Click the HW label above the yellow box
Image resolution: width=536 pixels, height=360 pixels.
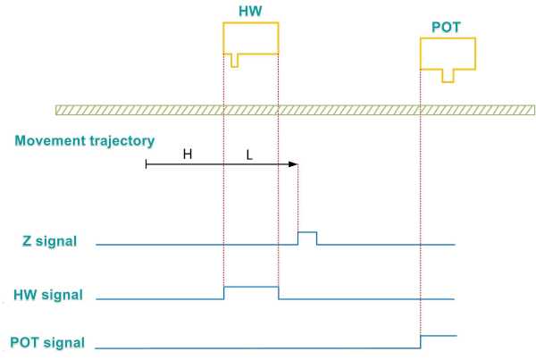coord(250,12)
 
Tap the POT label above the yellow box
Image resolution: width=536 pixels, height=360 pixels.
coord(446,28)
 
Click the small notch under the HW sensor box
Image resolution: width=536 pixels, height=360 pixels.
coord(235,61)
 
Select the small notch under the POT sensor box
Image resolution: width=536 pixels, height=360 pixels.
coord(448,76)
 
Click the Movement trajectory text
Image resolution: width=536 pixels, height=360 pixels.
coord(85,141)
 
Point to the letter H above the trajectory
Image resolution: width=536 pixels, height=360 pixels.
coord(188,155)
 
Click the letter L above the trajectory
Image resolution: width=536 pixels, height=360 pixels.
coord(249,155)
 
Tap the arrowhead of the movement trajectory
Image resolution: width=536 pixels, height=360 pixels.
coord(293,164)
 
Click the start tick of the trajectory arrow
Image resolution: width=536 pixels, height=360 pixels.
coord(147,164)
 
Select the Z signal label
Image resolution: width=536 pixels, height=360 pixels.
coord(49,241)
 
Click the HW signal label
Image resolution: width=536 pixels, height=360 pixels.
coord(48,295)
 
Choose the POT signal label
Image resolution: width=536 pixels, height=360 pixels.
coord(47,342)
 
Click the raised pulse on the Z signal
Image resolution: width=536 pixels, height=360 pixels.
coord(307,232)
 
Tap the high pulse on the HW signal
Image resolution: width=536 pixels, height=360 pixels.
coord(251,287)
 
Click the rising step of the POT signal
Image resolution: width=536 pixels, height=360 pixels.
coord(421,342)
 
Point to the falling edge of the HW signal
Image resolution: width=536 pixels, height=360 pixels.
coord(279,293)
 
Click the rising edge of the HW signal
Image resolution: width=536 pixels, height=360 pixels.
coord(224,293)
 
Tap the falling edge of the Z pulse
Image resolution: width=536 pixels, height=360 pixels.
coord(316,239)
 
